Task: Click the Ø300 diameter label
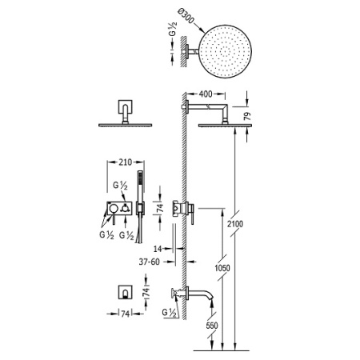tap(186, 16)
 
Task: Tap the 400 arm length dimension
tap(206, 94)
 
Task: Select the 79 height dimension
tap(248, 116)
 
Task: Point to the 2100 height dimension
tap(235, 224)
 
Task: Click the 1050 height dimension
tap(222, 268)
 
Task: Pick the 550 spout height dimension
tap(212, 326)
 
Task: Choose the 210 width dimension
tap(126, 162)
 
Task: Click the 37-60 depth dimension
tap(150, 262)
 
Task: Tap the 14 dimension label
tap(158, 249)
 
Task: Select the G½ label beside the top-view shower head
tap(173, 28)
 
